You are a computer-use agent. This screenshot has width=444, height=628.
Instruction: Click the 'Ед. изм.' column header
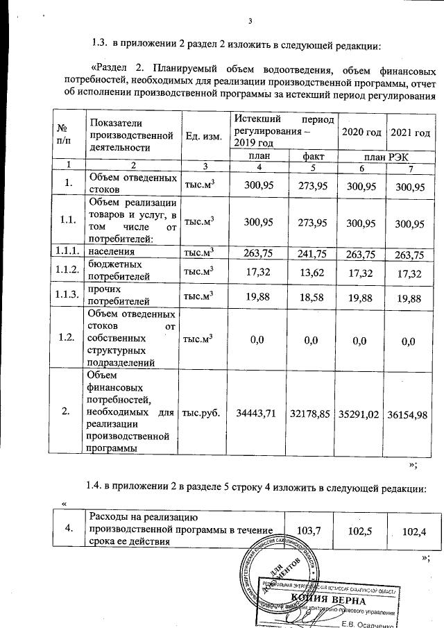[204, 135]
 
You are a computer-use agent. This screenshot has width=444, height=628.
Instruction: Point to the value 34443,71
[257, 413]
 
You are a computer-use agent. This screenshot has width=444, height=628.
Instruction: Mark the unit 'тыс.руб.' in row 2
[200, 413]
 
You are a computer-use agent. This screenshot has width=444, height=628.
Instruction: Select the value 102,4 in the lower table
[409, 531]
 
